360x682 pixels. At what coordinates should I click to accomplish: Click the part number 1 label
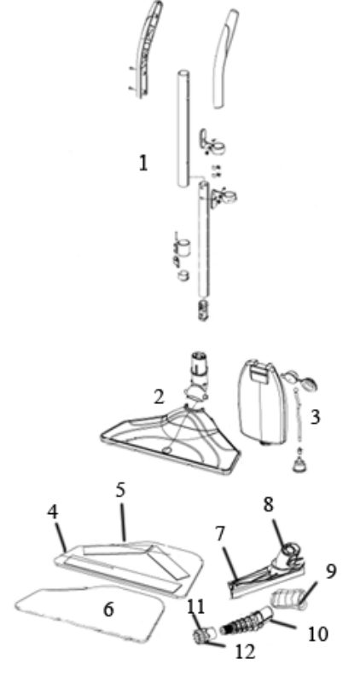(x=142, y=163)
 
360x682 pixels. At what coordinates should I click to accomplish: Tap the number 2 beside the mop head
(x=159, y=396)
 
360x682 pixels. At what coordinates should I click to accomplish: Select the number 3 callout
(x=315, y=417)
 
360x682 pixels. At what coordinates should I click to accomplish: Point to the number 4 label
(x=53, y=512)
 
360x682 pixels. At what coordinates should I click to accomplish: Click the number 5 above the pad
(x=120, y=490)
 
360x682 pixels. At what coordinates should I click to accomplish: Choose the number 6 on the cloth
(x=108, y=610)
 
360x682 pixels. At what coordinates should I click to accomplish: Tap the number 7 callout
(x=220, y=535)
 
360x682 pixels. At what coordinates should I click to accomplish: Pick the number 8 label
(x=269, y=504)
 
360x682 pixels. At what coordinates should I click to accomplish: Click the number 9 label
(x=331, y=571)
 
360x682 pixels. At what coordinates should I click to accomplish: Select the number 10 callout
(x=318, y=634)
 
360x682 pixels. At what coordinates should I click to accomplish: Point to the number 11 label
(x=195, y=606)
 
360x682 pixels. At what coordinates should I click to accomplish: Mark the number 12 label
(x=245, y=651)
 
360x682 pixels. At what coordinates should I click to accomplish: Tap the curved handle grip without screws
(x=225, y=59)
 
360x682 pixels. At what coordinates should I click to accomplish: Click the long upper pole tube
(x=183, y=130)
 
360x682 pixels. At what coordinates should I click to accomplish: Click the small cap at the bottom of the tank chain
(x=299, y=465)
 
